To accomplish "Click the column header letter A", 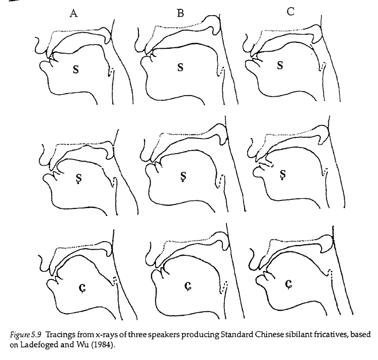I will [74, 14].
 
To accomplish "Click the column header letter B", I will [180, 14].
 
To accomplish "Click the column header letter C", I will [291, 12].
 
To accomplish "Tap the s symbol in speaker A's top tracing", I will [75, 69].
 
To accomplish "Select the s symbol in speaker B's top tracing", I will [180, 68].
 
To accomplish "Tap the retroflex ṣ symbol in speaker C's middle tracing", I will [282, 174].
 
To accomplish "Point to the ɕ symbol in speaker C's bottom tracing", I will [288, 284].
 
